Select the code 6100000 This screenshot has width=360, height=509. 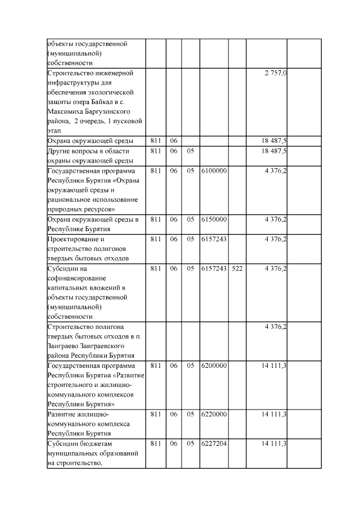coord(214,170)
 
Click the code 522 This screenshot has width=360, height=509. coord(237,268)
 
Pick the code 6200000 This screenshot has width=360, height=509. coord(214,366)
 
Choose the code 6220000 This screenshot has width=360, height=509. coord(214,415)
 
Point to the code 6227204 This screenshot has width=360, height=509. coord(214,444)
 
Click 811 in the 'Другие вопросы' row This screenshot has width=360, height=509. coord(156,151)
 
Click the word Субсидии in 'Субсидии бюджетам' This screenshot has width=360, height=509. coord(65,444)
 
